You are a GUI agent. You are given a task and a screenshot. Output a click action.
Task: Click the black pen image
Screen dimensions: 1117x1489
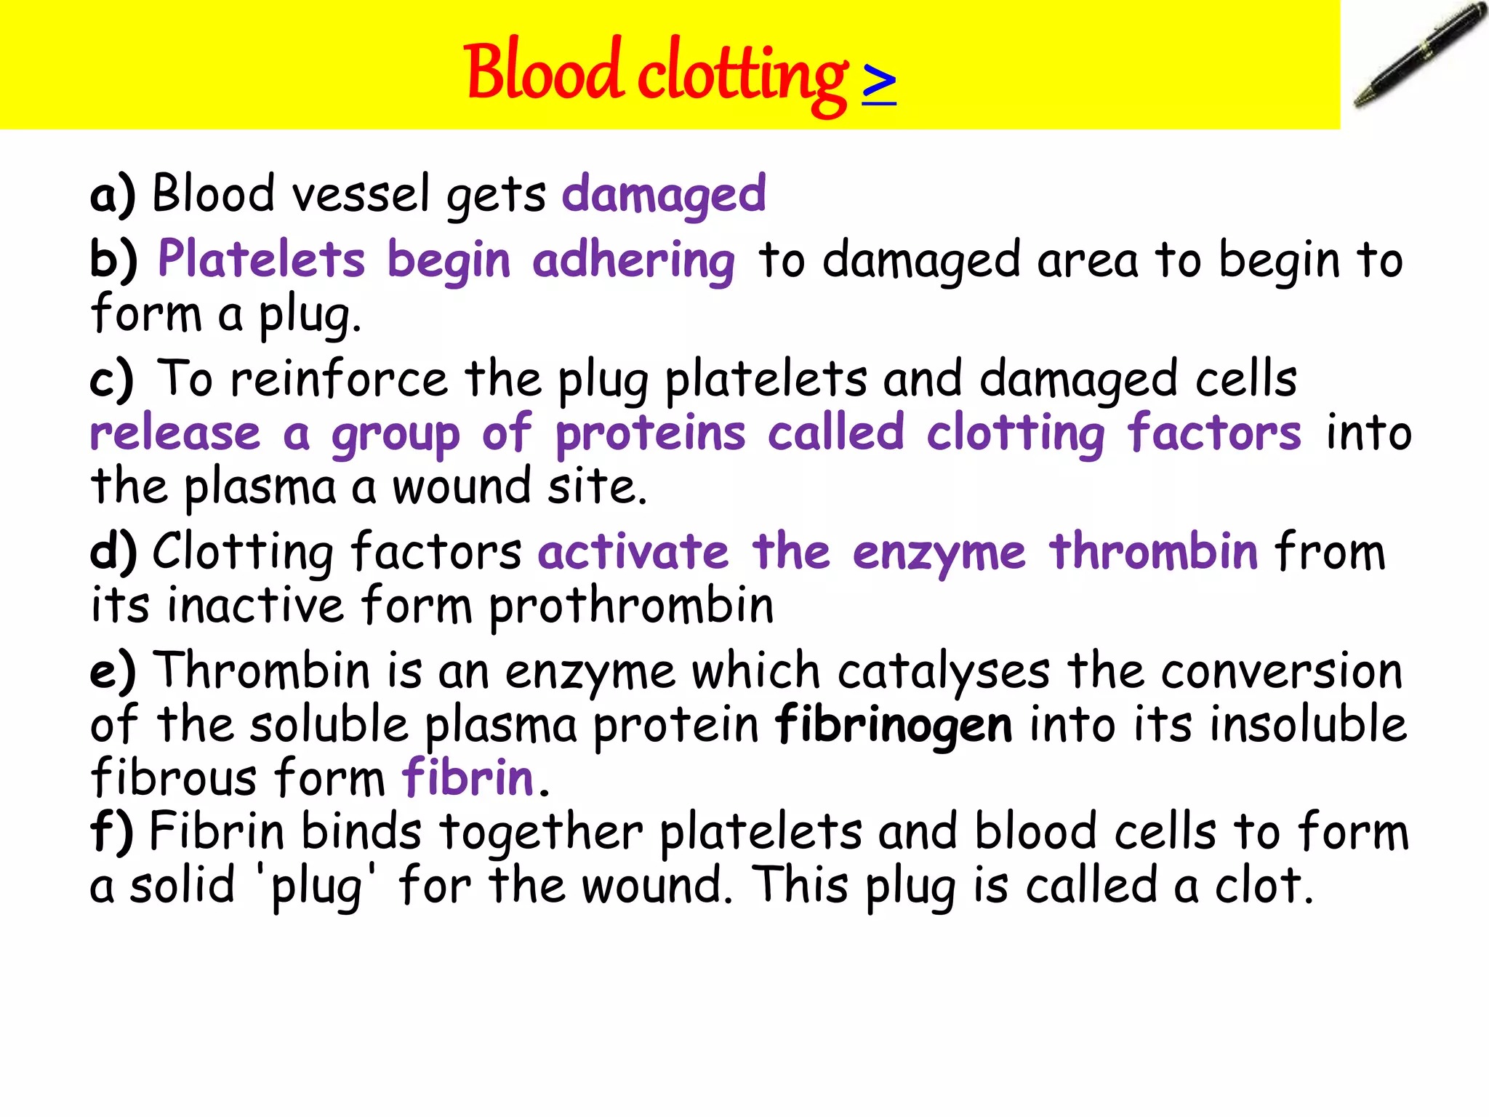point(1418,56)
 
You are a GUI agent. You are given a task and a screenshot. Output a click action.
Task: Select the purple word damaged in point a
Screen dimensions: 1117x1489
point(664,195)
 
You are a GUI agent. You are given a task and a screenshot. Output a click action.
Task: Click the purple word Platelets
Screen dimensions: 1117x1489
point(262,260)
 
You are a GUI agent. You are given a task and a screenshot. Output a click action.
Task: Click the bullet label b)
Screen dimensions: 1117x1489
point(113,260)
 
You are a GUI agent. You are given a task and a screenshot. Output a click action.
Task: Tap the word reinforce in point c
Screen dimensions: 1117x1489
point(339,380)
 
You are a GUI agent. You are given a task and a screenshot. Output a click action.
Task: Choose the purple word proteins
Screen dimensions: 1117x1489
point(651,434)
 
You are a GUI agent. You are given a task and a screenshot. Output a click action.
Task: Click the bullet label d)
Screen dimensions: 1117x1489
point(113,551)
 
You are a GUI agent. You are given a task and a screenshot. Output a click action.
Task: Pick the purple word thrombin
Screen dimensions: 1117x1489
point(1153,551)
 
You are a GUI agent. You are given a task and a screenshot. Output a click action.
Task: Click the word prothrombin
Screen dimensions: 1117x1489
point(631,606)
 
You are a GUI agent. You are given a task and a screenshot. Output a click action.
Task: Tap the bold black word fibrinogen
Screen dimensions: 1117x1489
point(894,726)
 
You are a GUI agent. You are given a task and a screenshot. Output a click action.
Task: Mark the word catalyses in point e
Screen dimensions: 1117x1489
point(944,671)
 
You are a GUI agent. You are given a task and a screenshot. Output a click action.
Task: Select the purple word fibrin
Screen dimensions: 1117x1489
point(469,778)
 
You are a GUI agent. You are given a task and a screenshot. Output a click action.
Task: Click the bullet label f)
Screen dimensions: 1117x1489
point(111,832)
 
